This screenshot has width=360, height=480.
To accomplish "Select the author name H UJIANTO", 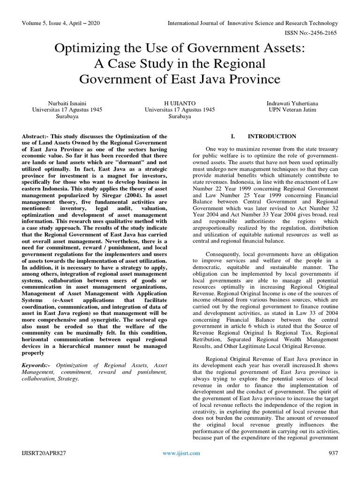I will [x=180, y=103].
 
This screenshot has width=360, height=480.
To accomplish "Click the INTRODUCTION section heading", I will [x=272, y=136].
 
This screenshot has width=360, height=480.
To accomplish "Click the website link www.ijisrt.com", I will [x=181, y=453].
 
